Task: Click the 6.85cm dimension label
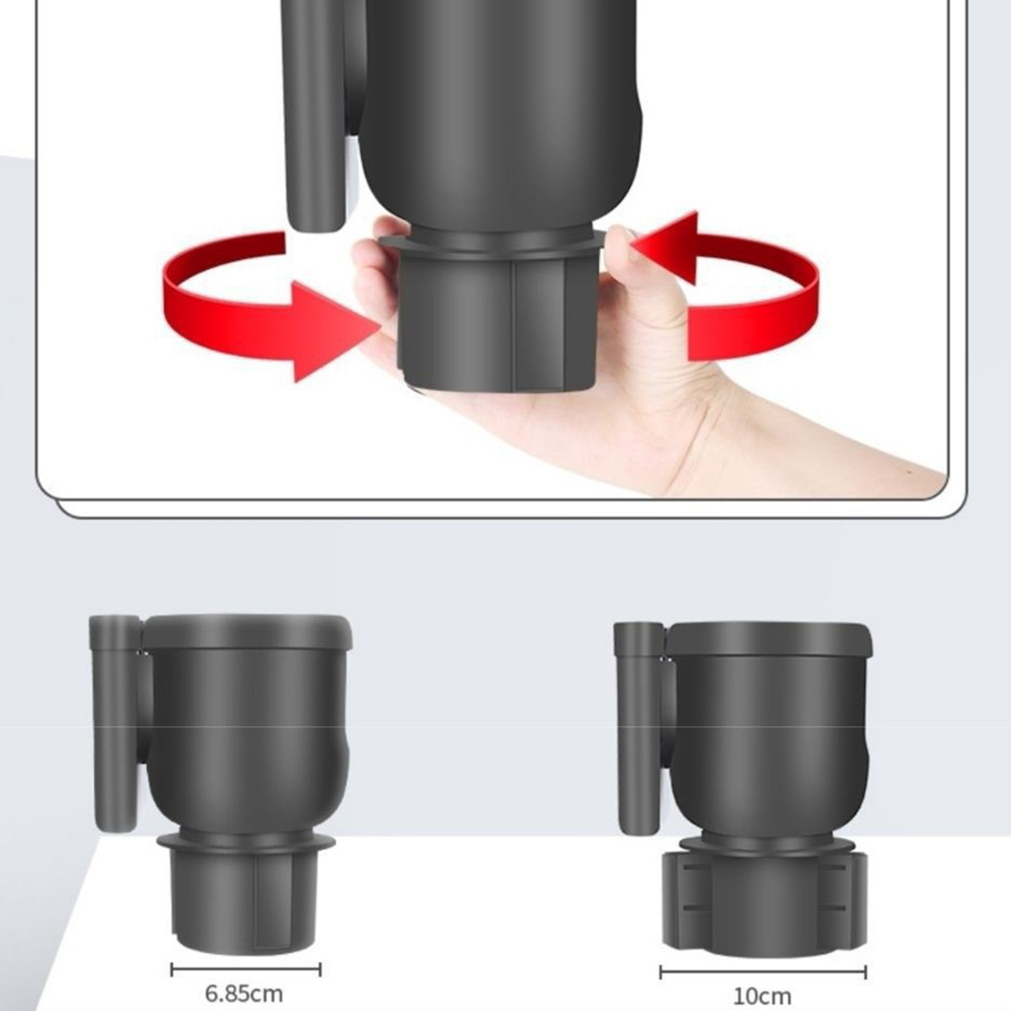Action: pos(244,994)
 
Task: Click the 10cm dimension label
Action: pos(762,996)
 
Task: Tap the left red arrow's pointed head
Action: pos(335,331)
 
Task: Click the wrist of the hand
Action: pos(790,436)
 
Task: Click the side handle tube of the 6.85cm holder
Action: pos(115,723)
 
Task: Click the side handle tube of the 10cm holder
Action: pos(639,727)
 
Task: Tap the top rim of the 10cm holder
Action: pos(770,638)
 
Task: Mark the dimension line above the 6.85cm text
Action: pos(246,969)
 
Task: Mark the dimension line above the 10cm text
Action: pos(763,972)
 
